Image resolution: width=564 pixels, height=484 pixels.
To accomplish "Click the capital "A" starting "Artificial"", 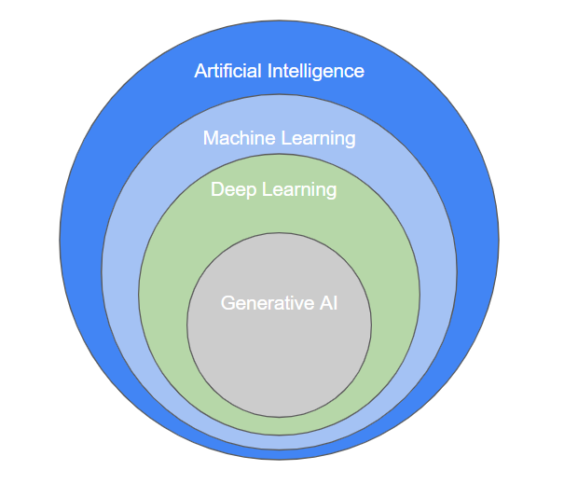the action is pyautogui.click(x=200, y=71).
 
